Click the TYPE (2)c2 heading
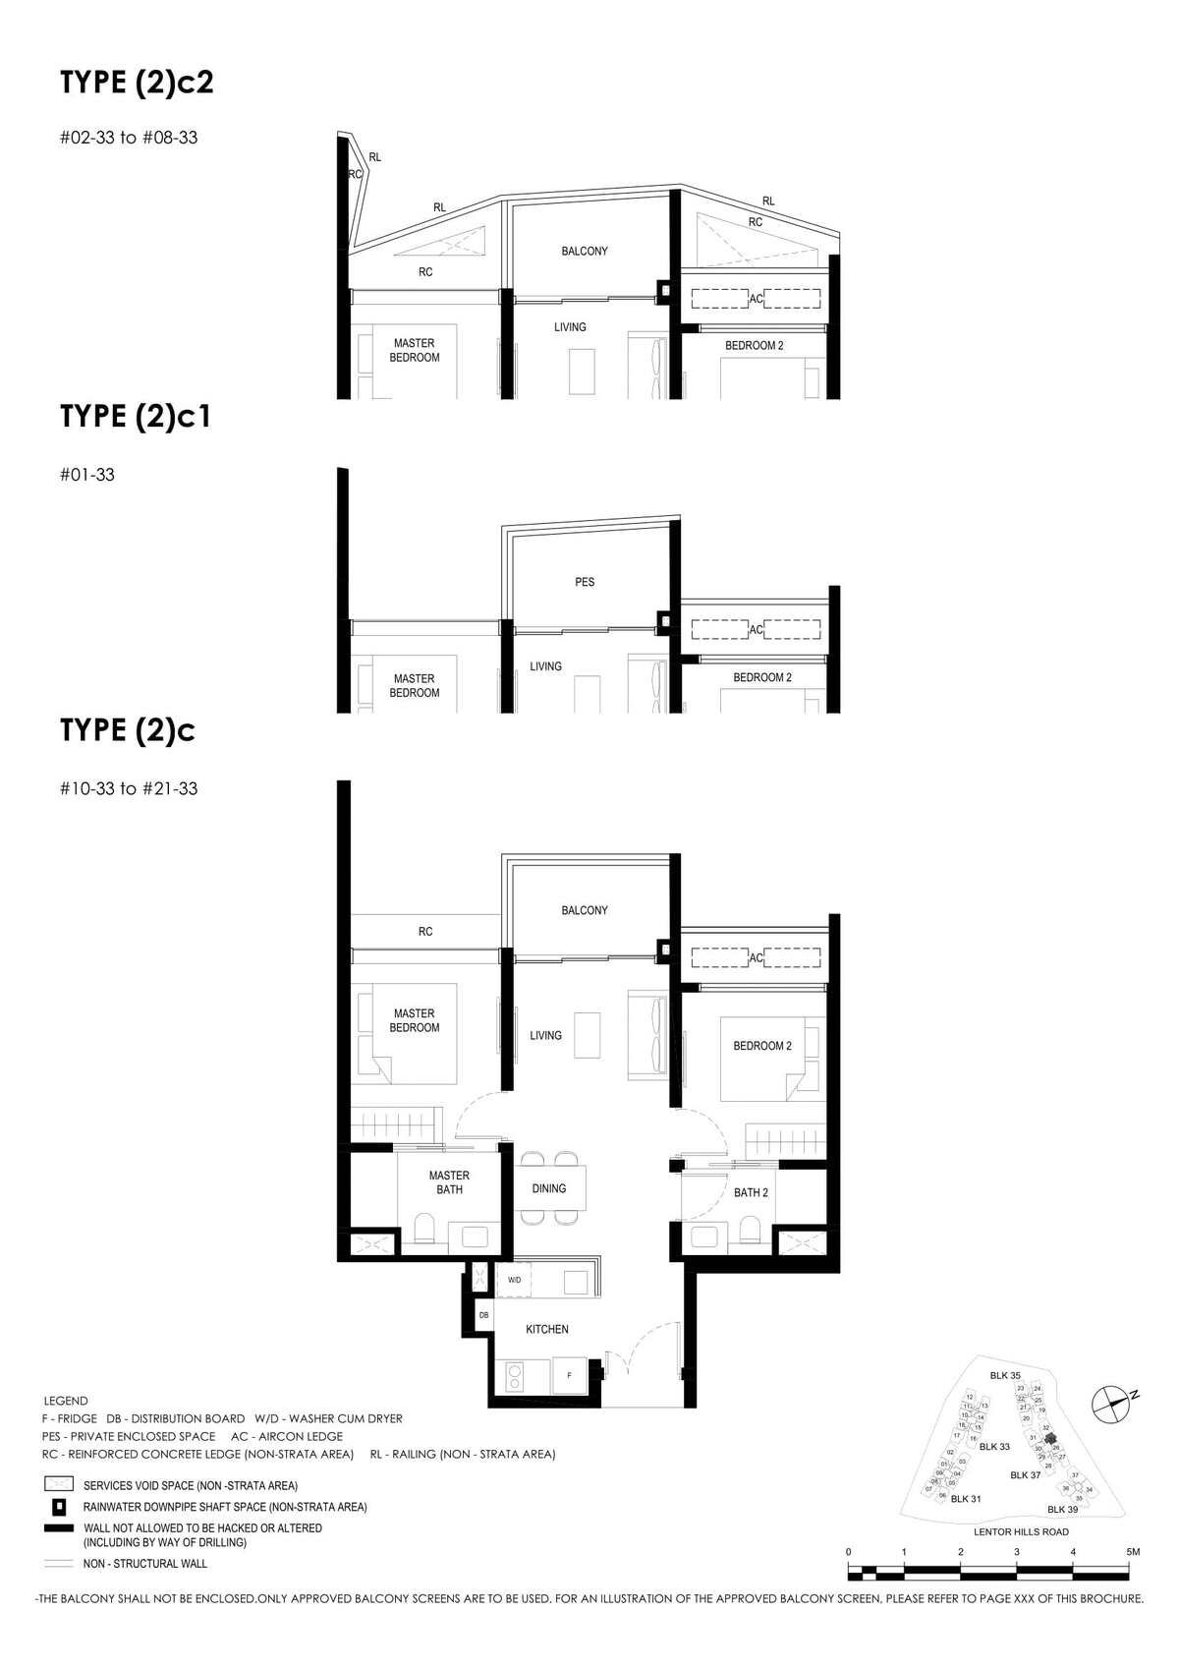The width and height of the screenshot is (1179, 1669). (137, 83)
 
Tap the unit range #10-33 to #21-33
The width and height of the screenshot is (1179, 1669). (129, 788)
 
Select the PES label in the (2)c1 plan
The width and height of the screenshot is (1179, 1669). (585, 582)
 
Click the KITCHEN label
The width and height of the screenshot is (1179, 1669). (547, 1329)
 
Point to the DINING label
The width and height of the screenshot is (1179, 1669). (549, 1188)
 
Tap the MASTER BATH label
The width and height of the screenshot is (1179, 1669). (449, 1182)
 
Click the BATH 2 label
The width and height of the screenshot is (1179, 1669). (751, 1192)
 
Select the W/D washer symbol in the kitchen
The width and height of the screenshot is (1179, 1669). (515, 1280)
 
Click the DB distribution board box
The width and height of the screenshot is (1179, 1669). (483, 1314)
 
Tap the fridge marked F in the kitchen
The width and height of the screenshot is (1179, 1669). (569, 1375)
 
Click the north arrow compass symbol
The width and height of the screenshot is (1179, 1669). (1111, 1404)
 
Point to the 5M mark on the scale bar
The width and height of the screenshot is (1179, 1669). (1133, 1551)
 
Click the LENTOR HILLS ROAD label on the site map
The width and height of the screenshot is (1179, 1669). (1021, 1531)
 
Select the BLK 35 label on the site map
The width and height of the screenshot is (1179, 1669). (1004, 1375)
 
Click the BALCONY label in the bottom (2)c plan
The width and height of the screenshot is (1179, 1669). (585, 910)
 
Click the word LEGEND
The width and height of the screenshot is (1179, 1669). (66, 1401)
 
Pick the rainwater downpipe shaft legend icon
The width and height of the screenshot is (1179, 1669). (59, 1506)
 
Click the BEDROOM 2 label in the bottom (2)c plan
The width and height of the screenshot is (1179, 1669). (761, 1046)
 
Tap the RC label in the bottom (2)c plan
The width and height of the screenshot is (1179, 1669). (425, 931)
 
